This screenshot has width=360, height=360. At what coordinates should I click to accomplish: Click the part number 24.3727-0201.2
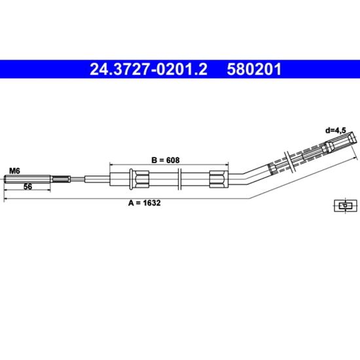[x=149, y=69]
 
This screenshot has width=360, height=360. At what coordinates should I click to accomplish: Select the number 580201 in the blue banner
[x=254, y=69]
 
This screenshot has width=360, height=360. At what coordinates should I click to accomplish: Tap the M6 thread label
[x=14, y=171]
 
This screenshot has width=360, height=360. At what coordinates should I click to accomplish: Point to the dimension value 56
[x=27, y=187]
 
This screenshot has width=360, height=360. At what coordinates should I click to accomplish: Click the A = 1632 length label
[x=145, y=203]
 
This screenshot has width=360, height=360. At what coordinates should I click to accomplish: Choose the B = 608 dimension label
[x=166, y=160]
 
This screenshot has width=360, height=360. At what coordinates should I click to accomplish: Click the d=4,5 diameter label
[x=335, y=130]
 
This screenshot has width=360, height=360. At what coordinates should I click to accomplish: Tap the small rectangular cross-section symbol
[x=346, y=206]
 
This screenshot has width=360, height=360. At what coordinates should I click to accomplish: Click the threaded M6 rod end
[x=27, y=179]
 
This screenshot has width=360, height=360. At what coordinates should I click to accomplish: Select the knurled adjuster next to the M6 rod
[x=61, y=179]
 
